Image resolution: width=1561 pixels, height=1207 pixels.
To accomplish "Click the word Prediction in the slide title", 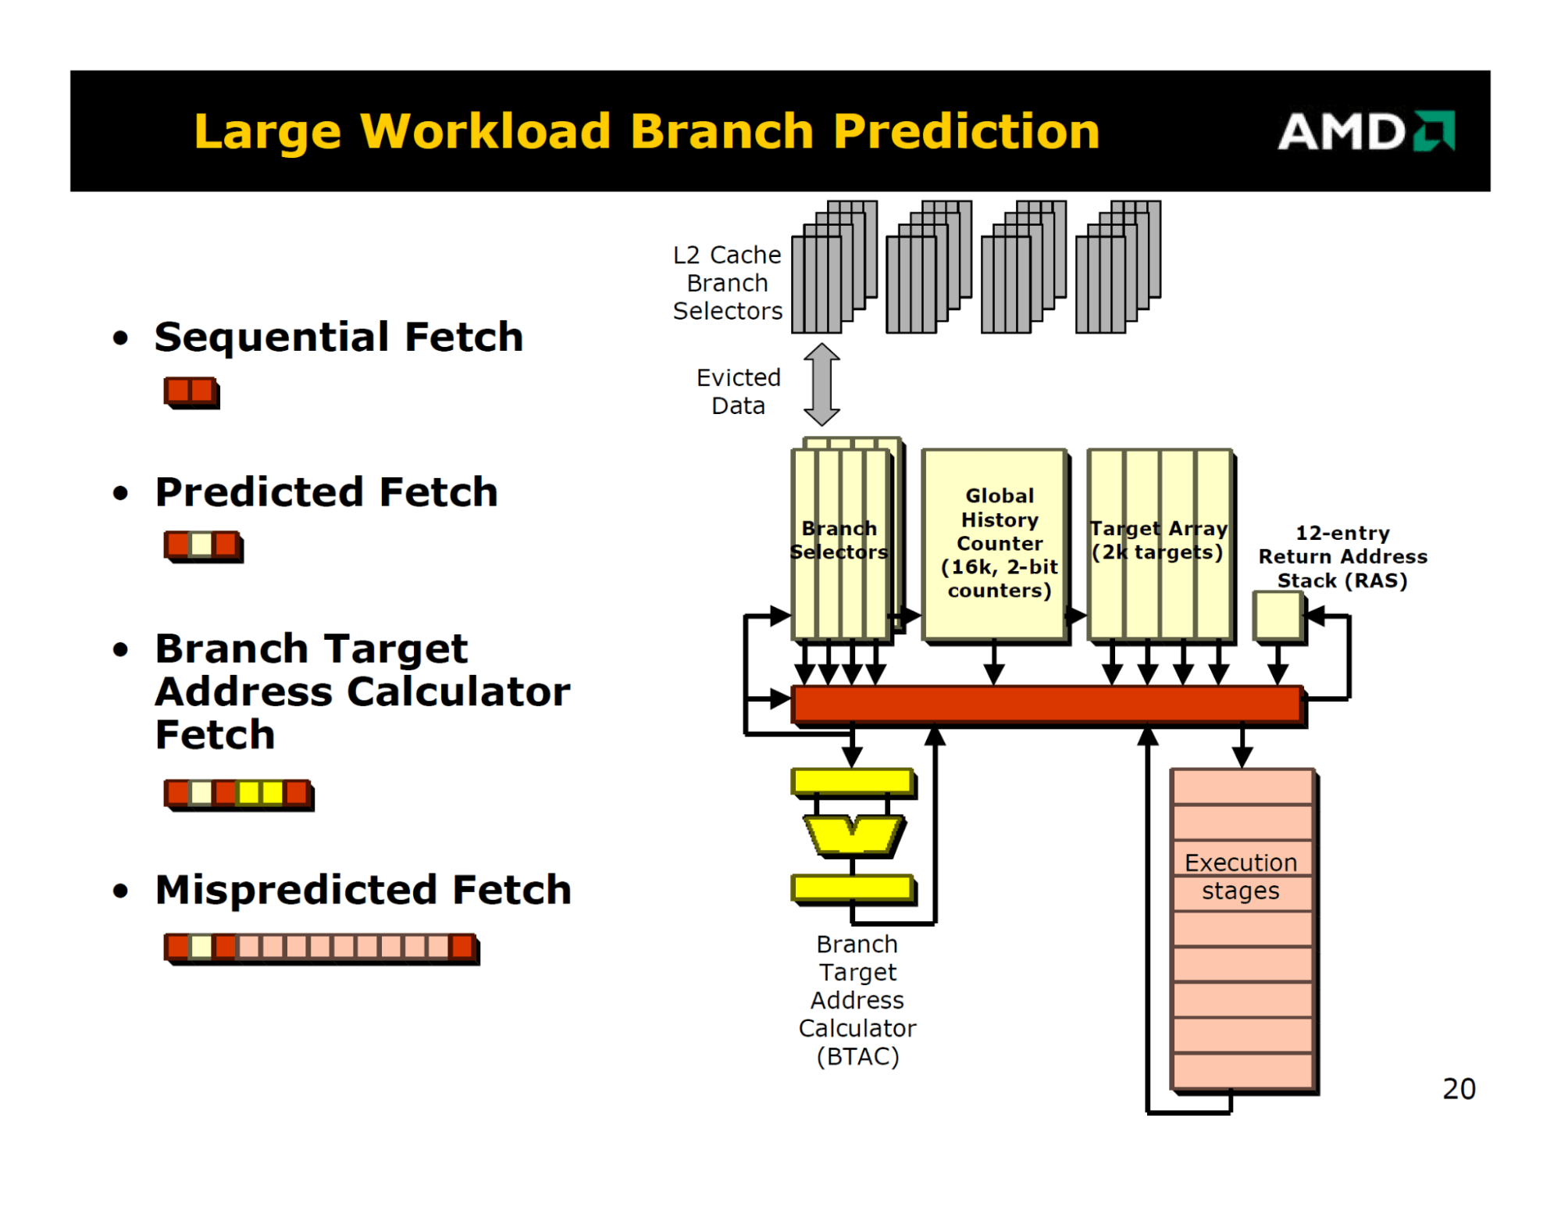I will (x=966, y=130).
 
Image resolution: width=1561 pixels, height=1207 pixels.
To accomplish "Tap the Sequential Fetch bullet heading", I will (x=338, y=337).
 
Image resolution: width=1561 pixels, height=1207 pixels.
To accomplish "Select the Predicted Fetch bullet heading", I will (x=326, y=492).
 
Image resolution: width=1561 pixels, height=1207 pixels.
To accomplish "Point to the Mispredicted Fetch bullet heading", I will (x=363, y=890).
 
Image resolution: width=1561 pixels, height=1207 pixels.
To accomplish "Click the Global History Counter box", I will (x=994, y=543).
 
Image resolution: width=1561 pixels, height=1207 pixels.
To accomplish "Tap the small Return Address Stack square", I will (x=1278, y=616).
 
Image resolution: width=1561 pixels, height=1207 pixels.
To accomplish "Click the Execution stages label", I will (x=1241, y=877).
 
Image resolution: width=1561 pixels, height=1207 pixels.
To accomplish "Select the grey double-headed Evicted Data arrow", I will (x=821, y=384).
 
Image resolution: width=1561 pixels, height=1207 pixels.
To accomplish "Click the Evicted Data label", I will (x=738, y=391).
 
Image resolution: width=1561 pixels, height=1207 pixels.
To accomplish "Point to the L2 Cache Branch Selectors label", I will (x=727, y=283).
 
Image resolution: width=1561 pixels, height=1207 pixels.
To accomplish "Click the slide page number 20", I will (x=1459, y=1088).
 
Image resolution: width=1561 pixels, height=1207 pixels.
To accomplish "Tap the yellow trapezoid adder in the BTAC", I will (x=854, y=834).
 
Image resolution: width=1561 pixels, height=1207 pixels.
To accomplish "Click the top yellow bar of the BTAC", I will (x=853, y=780).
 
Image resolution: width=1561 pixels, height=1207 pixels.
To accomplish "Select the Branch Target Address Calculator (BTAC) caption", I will (x=857, y=1000).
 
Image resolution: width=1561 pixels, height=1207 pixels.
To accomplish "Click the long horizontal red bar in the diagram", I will (x=1046, y=704).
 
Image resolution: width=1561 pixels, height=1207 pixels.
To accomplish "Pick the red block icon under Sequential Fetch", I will (x=191, y=391).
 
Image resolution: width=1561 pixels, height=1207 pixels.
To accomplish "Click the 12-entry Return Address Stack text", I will (x=1342, y=556).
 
